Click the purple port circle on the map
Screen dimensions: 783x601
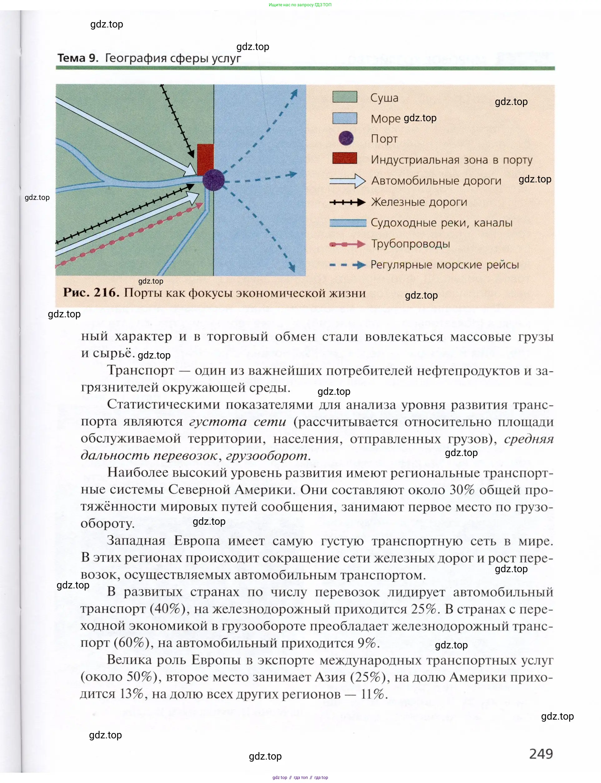click(214, 180)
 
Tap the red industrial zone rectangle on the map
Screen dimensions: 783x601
click(205, 159)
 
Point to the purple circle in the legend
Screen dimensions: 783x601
click(346, 138)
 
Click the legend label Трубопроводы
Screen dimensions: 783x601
click(410, 244)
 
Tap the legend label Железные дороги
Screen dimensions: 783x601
click(419, 202)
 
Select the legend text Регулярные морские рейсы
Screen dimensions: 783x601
click(444, 265)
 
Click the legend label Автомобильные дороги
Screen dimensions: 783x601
click(436, 181)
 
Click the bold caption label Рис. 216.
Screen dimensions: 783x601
click(91, 293)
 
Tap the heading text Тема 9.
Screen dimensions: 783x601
click(78, 58)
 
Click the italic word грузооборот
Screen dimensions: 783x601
click(267, 456)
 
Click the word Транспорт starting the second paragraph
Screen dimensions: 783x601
click(140, 370)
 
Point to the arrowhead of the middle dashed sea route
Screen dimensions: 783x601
click(293, 174)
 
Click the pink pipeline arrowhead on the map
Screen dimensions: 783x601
click(199, 206)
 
